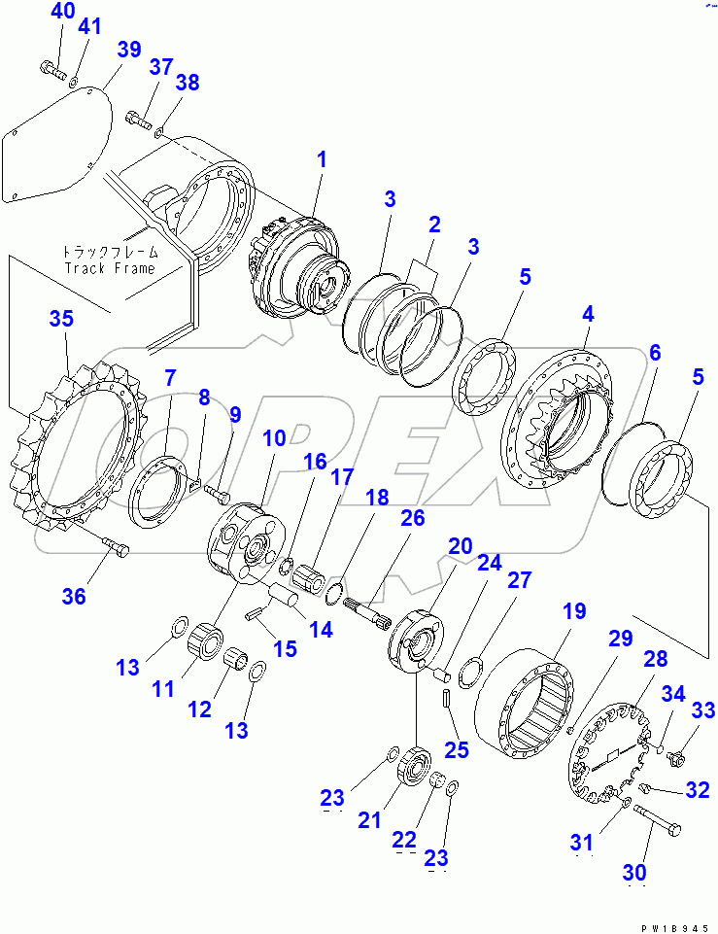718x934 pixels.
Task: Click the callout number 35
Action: (x=61, y=319)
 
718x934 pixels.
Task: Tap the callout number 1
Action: (x=322, y=159)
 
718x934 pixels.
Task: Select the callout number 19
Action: (x=574, y=611)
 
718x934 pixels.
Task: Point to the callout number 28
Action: (x=655, y=659)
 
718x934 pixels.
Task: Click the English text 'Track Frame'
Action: (x=110, y=268)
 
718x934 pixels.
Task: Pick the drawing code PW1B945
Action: (x=674, y=928)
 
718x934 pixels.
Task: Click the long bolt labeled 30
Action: (x=657, y=819)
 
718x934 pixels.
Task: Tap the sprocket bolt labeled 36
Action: (x=115, y=546)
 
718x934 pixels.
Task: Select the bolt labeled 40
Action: (x=53, y=70)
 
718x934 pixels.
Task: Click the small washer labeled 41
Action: (x=73, y=80)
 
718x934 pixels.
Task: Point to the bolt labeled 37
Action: (x=140, y=120)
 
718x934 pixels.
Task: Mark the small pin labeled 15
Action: (x=256, y=613)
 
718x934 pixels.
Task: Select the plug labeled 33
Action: (x=675, y=758)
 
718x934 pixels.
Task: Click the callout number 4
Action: (x=588, y=314)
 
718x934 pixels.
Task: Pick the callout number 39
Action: (x=128, y=50)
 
